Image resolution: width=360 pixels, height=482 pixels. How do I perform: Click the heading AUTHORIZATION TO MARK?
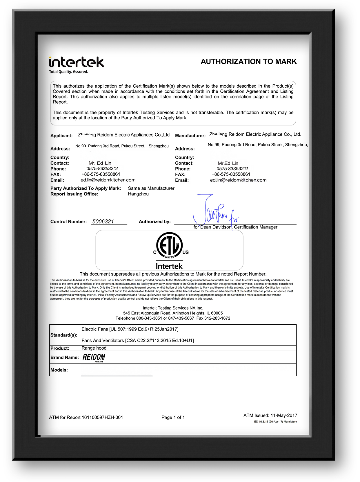click(249, 62)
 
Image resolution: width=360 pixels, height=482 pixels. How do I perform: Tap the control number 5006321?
click(103, 222)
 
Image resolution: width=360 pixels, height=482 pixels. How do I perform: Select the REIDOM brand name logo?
click(94, 357)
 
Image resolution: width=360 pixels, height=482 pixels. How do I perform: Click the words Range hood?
click(94, 348)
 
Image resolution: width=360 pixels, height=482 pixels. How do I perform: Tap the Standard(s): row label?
click(64, 335)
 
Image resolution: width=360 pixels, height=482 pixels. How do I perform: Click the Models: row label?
click(59, 370)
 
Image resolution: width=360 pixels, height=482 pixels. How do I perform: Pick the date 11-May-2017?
click(284, 416)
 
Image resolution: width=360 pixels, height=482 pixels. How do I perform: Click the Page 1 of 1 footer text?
click(173, 418)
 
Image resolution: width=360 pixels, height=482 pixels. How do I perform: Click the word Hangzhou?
click(138, 194)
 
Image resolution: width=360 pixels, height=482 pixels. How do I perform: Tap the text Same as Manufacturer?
click(151, 188)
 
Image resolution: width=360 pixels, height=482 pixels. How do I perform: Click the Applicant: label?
click(61, 136)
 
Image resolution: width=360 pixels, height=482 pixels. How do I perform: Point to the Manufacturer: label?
click(190, 136)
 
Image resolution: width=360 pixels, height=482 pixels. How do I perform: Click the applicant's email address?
click(108, 180)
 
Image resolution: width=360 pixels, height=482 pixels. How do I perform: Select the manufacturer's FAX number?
click(231, 174)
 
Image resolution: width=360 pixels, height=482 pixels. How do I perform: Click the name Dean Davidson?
click(216, 227)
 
